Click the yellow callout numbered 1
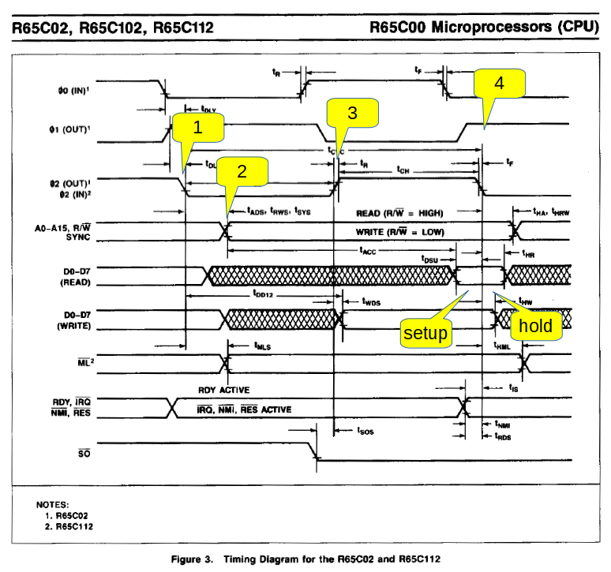tap(198, 128)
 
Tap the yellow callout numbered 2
tap(242, 171)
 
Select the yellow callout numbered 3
tap(353, 114)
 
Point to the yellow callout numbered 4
tap(499, 83)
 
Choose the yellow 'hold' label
tap(535, 325)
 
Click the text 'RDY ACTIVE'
tap(224, 390)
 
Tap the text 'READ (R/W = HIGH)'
tap(399, 214)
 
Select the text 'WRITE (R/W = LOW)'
tap(400, 233)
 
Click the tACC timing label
tap(367, 251)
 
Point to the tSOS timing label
tap(364, 431)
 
